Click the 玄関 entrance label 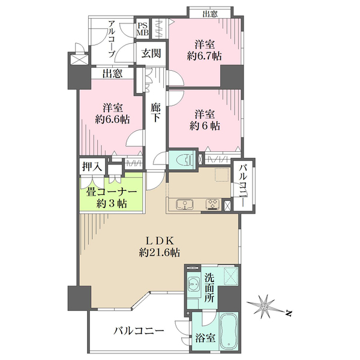pyautogui.click(x=151, y=53)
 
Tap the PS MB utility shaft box pyautogui.click(x=143, y=29)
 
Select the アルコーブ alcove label pyautogui.click(x=112, y=39)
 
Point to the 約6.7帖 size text pyautogui.click(x=205, y=56)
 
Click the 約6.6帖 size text pyautogui.click(x=112, y=119)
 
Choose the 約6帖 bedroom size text pyautogui.click(x=205, y=126)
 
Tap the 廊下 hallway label pyautogui.click(x=156, y=112)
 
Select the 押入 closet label pyautogui.click(x=92, y=166)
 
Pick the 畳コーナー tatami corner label pyautogui.click(x=112, y=191)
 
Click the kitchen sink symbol pyautogui.click(x=184, y=205)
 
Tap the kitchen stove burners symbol pyautogui.click(x=213, y=205)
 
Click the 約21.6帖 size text pyautogui.click(x=160, y=253)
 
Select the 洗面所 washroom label pyautogui.click(x=209, y=288)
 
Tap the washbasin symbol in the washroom pyautogui.click(x=194, y=284)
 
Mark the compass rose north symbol pyautogui.click(x=266, y=306)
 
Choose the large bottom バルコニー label pyautogui.click(x=139, y=331)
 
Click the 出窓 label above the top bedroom pyautogui.click(x=210, y=14)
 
